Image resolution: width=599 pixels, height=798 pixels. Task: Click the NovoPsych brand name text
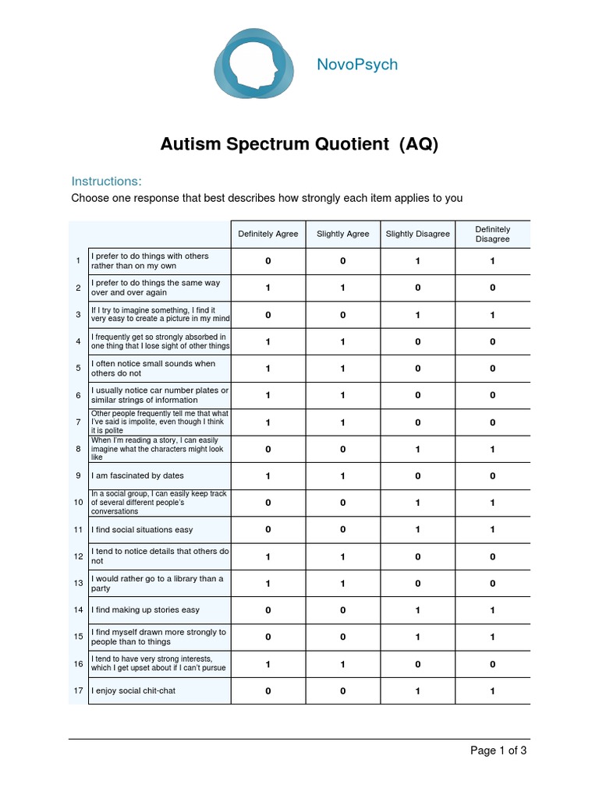point(357,65)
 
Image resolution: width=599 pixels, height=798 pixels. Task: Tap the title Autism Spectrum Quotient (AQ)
point(299,144)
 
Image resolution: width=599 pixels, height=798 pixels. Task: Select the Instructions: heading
point(106,181)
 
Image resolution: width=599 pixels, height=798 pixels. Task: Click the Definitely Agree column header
point(268,234)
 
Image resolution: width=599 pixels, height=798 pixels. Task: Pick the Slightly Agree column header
point(343,234)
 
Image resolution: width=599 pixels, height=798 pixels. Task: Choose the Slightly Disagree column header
point(418,234)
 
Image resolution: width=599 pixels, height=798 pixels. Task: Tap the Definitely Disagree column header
point(493,234)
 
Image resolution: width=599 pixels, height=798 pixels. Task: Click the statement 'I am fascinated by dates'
point(137,475)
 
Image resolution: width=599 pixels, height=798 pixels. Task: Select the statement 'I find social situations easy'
point(142,530)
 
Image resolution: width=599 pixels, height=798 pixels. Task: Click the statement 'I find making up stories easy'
point(145,610)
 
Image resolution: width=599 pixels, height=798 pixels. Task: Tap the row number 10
point(78,503)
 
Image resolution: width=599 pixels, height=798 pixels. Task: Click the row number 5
point(78,369)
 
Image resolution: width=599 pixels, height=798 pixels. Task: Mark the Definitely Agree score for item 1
point(268,262)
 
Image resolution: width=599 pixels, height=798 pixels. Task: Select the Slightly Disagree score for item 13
point(418,584)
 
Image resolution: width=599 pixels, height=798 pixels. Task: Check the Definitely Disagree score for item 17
point(493,690)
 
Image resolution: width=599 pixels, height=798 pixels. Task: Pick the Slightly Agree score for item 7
point(343,422)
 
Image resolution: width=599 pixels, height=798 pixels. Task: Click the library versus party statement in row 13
point(158,584)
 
